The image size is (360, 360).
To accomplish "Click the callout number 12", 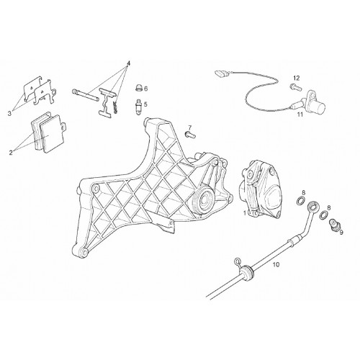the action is (297, 78).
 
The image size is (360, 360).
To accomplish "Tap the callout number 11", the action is (300, 114).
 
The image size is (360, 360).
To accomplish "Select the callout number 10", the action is (276, 265).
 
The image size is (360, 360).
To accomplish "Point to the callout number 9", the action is (341, 233).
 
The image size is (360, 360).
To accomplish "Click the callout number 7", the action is (190, 127).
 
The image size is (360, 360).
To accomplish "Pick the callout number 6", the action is (145, 89).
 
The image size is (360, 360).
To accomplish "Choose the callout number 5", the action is (145, 104).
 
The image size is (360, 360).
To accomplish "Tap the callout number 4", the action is (128, 63).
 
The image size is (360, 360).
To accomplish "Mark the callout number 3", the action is (9, 114).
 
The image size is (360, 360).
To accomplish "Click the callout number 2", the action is (11, 152).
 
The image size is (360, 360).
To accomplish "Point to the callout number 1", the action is (245, 213).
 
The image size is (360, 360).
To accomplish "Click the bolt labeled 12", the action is (296, 86).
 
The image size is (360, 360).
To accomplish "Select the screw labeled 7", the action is (190, 135).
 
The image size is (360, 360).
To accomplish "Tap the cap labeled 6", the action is (139, 88).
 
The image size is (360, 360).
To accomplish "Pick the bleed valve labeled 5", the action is (138, 107).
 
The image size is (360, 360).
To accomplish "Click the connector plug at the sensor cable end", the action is (220, 73).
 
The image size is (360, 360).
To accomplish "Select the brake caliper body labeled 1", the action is (260, 189).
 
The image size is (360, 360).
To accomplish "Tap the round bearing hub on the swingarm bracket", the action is (203, 199).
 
